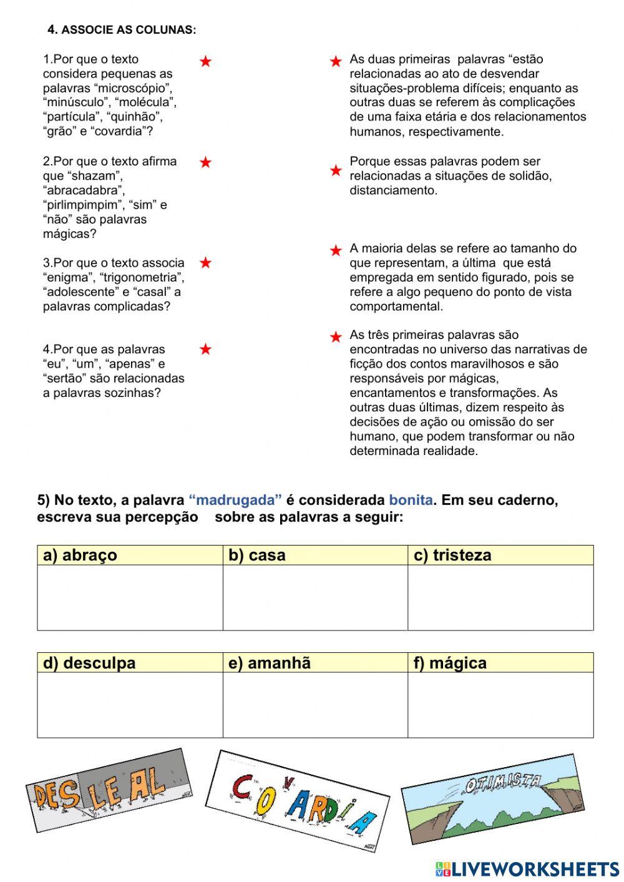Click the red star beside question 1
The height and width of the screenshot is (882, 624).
(205, 61)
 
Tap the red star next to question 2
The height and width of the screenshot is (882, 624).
(205, 162)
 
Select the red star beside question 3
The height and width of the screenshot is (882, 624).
(205, 263)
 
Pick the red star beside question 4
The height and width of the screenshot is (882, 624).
(205, 350)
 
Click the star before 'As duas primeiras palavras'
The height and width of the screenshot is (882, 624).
(336, 61)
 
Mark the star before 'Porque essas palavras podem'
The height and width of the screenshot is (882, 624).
(336, 170)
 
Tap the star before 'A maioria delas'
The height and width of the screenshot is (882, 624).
(336, 250)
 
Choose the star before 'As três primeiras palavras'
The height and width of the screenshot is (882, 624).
(336, 337)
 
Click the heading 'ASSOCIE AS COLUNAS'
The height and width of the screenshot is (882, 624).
(122, 30)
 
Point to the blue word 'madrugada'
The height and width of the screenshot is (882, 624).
(235, 500)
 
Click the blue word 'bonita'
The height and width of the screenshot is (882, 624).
(411, 500)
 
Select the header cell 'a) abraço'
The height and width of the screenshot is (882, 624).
(130, 555)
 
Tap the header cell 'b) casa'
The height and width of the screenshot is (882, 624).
(315, 555)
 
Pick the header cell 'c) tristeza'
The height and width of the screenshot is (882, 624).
(500, 555)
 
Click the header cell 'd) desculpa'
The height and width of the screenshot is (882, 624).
(130, 662)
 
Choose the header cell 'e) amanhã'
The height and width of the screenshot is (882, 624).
(315, 662)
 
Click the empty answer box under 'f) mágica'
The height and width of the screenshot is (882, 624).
(500, 705)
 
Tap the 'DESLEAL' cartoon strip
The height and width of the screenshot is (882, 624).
(107, 789)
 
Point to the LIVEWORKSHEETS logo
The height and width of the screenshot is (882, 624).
(527, 869)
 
